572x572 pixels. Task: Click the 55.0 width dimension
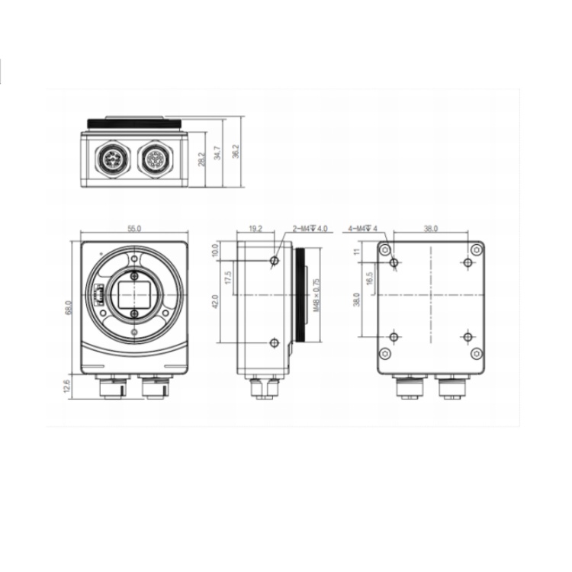[134, 229]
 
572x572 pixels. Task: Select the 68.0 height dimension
[69, 307]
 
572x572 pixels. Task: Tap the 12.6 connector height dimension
[66, 386]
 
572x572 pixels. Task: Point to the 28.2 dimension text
[202, 159]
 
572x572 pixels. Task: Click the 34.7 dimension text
[218, 153]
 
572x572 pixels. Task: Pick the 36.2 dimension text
[236, 151]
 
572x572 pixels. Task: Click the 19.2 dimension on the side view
[255, 229]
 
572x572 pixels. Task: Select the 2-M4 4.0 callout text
[310, 229]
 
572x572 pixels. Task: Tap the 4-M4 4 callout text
[362, 229]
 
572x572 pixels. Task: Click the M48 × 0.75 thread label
[317, 294]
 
